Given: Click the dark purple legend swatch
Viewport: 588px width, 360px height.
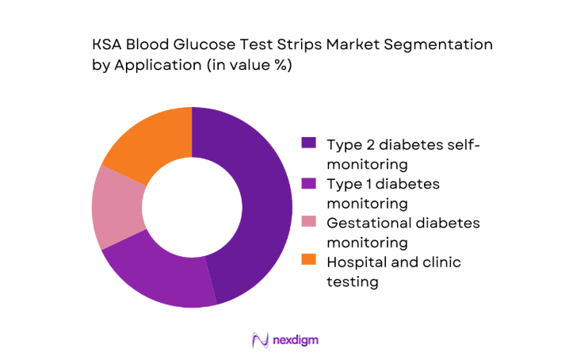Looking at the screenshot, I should (x=309, y=144).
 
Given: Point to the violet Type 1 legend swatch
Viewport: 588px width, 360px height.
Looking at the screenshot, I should (x=309, y=183).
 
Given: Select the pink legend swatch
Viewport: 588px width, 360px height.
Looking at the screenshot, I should (x=309, y=222).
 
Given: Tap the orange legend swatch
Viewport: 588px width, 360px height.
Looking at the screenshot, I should (x=309, y=261).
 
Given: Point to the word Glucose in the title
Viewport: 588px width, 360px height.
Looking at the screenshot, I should (x=206, y=45).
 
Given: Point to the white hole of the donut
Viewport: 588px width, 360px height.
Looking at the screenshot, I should (x=192, y=207).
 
